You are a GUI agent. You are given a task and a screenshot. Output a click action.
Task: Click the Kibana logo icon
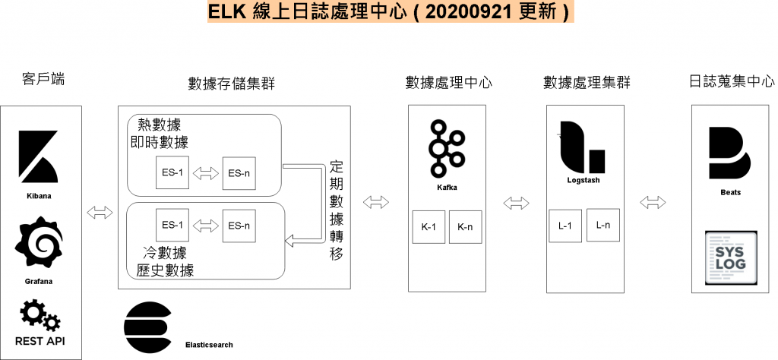[39, 158]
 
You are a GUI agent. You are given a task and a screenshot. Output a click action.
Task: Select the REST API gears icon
[40, 314]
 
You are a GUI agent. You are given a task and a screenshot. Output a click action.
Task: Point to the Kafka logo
[446, 148]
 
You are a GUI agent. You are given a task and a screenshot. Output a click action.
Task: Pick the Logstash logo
[582, 146]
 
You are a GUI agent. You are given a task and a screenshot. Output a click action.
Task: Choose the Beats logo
[729, 154]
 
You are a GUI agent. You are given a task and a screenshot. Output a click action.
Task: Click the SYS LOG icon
[731, 257]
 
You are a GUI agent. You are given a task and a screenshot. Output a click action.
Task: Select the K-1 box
[428, 227]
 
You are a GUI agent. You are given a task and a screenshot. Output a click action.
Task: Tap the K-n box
[465, 227]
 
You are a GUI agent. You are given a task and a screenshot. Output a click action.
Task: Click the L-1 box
[565, 226]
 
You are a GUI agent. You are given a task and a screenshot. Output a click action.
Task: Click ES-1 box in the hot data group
[172, 173]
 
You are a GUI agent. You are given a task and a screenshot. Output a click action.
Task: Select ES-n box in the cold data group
[239, 225]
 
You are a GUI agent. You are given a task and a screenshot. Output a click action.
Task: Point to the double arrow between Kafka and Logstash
[517, 203]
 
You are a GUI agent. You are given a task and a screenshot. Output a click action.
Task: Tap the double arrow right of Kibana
[100, 212]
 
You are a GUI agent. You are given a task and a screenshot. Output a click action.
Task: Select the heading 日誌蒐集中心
[731, 81]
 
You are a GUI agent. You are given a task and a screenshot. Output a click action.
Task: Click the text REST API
[40, 341]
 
